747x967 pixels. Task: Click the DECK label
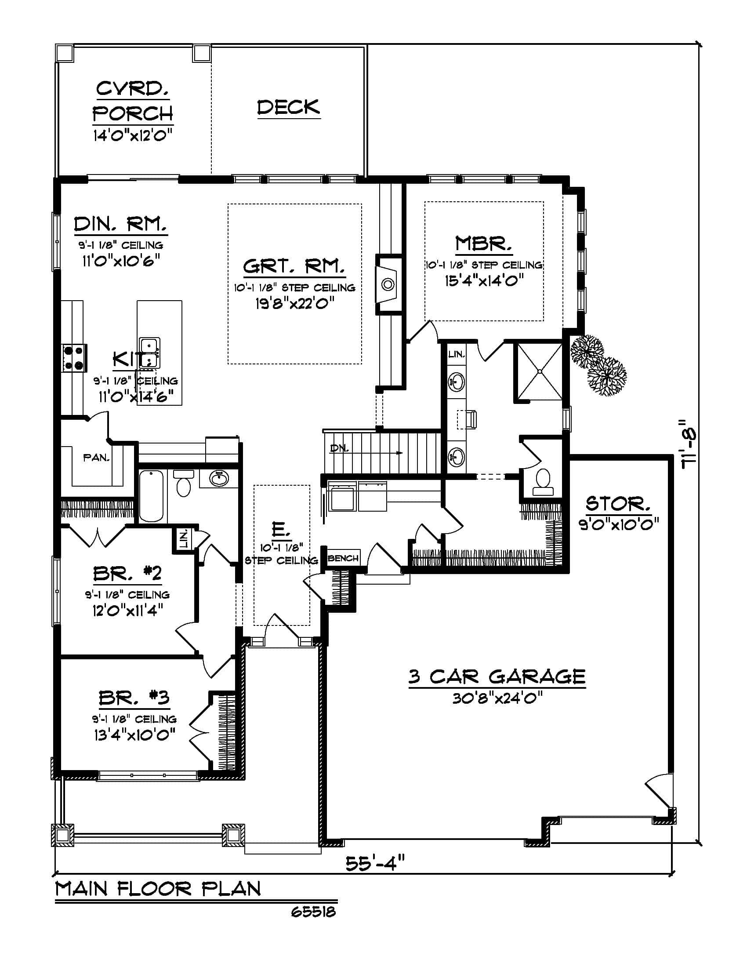pos(289,107)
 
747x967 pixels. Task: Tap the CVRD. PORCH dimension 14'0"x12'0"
pos(132,134)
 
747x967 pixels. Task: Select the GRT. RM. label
pos(294,266)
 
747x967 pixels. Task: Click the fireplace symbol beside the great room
pos(388,284)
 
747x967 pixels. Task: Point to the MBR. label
pos(484,243)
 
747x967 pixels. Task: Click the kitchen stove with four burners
pos(74,358)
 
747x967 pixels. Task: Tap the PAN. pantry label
pos(97,458)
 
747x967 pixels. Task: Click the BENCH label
pos(344,558)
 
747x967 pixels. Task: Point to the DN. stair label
pos(339,448)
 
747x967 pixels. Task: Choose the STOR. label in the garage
pos(618,504)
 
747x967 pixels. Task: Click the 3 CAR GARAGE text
pos(497,676)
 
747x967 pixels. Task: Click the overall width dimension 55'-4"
pos(375,863)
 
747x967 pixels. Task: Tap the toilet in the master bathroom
pos(543,482)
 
